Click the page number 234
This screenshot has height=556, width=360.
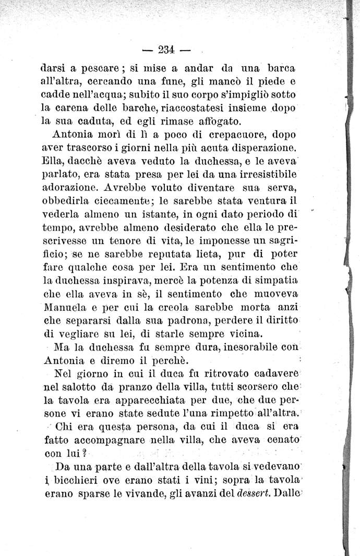pos(165,50)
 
